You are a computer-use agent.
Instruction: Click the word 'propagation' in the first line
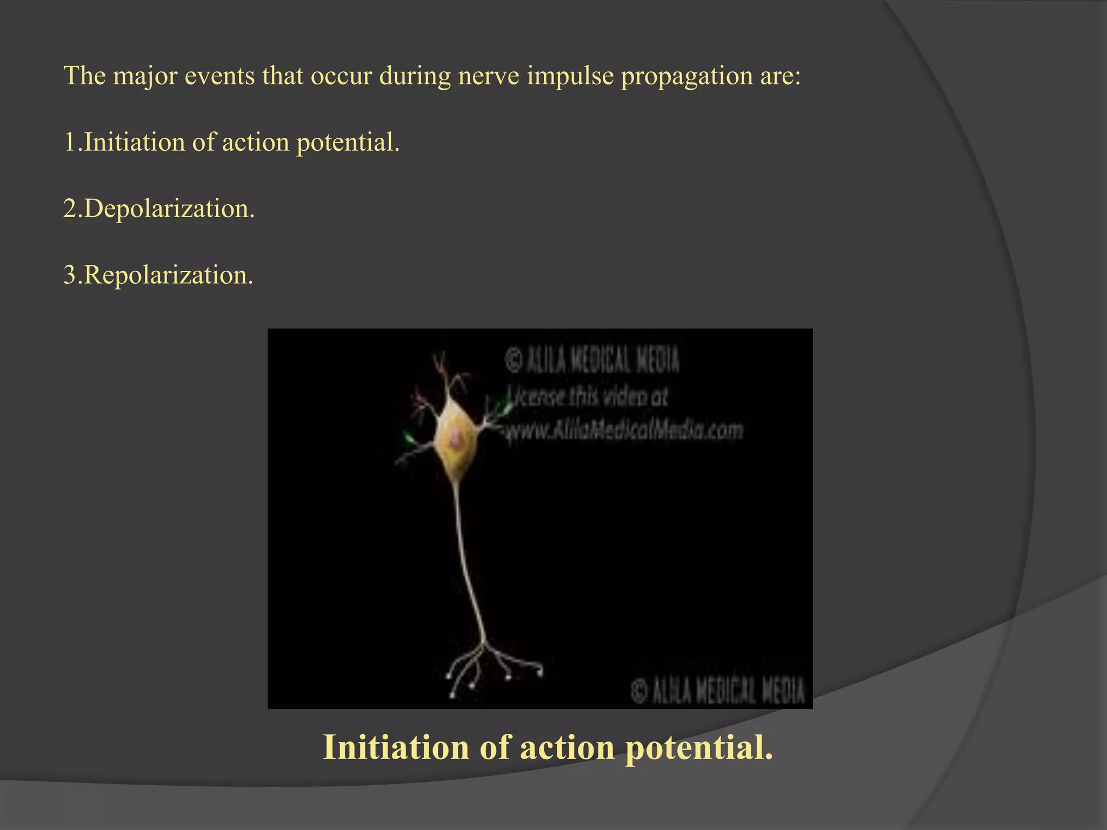[x=686, y=76]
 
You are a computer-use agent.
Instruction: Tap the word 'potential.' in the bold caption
[x=699, y=748]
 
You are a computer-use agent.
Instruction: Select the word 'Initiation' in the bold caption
[x=395, y=748]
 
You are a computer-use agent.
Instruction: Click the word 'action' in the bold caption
[x=567, y=748]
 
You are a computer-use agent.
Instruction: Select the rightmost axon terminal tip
[x=539, y=673]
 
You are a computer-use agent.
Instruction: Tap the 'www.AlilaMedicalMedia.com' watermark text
[x=624, y=431]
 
